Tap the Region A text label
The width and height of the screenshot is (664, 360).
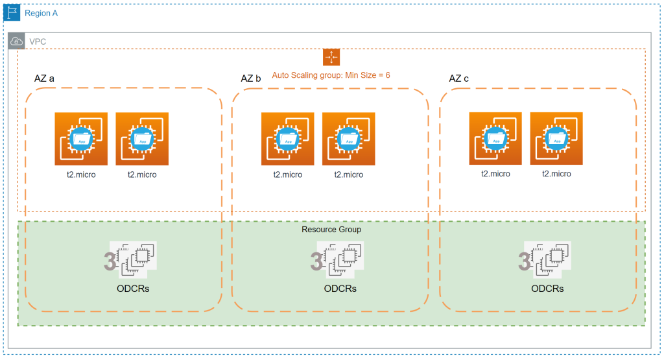click(x=41, y=13)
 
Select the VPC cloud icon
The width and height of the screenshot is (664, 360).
click(x=17, y=42)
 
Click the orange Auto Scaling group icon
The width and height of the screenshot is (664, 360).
click(x=331, y=57)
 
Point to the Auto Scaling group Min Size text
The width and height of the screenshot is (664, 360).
click(x=331, y=75)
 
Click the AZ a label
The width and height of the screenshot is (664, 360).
click(x=44, y=78)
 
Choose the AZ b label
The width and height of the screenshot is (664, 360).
click(x=251, y=78)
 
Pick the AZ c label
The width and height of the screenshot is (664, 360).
click(x=459, y=78)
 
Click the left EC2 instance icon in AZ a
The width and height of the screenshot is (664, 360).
click(x=81, y=139)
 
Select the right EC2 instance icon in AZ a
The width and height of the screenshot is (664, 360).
click(x=142, y=139)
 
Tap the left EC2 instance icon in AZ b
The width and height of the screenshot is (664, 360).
click(x=288, y=139)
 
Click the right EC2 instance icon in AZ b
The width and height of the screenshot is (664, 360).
click(x=349, y=139)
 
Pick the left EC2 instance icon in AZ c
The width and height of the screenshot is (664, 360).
click(x=495, y=139)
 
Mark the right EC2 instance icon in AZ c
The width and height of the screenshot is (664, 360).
click(x=556, y=139)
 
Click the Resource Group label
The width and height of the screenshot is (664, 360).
click(x=331, y=230)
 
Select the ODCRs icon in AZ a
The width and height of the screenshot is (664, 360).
click(x=133, y=259)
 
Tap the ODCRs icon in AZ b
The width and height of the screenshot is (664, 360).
click(x=340, y=259)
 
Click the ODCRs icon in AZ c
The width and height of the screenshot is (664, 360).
click(x=547, y=259)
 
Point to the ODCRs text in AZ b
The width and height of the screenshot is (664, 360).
click(x=340, y=289)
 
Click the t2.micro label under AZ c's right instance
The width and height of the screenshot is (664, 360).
click(x=556, y=174)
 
